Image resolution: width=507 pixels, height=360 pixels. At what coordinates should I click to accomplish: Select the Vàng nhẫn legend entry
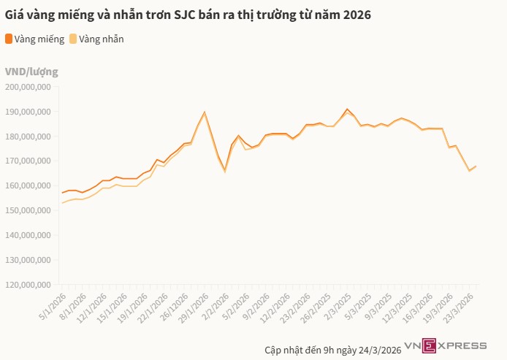click(x=96, y=39)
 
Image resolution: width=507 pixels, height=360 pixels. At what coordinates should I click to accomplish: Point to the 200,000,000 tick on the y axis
click(x=28, y=87)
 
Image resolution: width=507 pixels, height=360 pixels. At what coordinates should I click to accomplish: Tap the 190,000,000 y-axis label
click(x=28, y=112)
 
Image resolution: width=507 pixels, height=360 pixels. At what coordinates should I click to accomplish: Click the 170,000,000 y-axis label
click(x=28, y=161)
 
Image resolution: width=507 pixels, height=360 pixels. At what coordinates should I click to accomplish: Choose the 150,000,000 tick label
click(x=28, y=210)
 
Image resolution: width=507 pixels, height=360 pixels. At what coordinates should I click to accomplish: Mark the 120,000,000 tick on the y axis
click(x=28, y=284)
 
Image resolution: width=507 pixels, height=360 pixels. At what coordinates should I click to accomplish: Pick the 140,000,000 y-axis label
click(x=28, y=235)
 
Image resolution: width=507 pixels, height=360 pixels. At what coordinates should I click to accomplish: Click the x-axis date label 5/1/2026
click(x=52, y=305)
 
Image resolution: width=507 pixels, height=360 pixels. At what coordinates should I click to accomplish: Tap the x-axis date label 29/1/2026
click(x=191, y=306)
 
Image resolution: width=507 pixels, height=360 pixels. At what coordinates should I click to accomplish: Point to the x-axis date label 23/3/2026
click(x=462, y=306)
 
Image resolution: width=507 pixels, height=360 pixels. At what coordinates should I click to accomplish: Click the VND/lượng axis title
click(x=31, y=72)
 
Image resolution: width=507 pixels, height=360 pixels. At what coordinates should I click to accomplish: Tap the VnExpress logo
click(x=446, y=345)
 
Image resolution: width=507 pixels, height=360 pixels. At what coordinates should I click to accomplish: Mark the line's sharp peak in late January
click(x=205, y=112)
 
